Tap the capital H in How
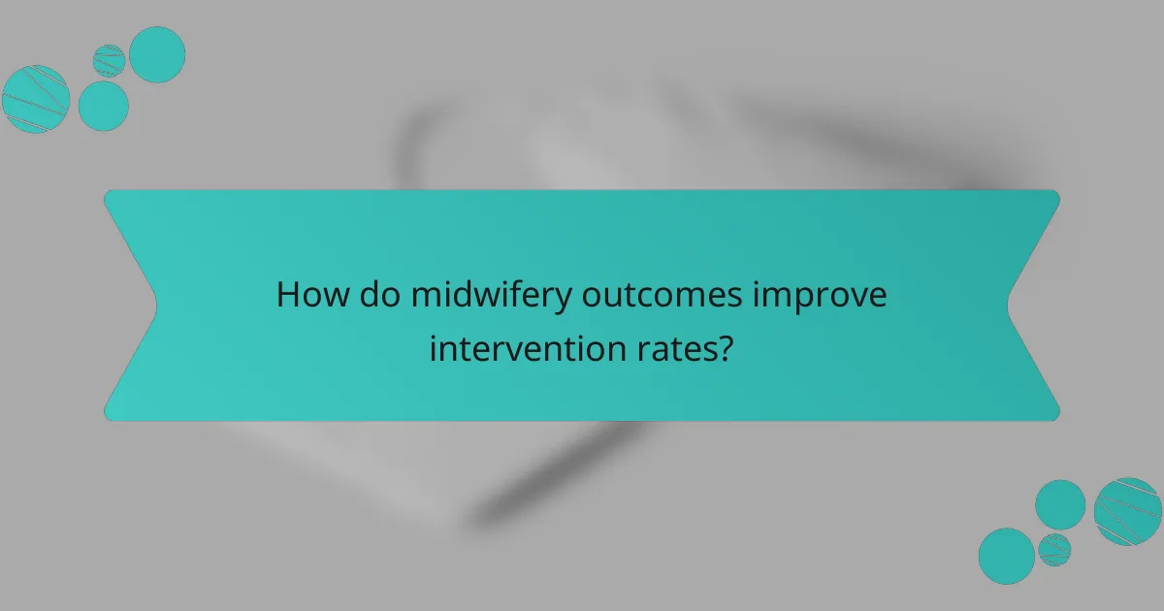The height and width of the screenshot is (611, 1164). coord(288,295)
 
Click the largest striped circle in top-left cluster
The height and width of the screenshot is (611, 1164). coord(36,98)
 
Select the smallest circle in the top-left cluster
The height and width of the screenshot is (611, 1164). coord(110,60)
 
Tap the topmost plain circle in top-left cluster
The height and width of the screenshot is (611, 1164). coord(157,54)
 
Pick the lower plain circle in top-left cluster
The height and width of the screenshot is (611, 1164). coord(103,106)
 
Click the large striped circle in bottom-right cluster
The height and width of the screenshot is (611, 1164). coord(1128,511)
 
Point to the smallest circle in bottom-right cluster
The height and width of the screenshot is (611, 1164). coord(1054,550)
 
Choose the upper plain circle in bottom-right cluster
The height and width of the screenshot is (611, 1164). coord(1060,505)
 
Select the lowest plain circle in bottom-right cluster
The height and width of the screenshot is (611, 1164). coord(1007,556)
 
